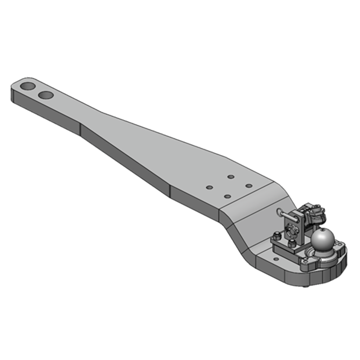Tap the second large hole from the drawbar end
pos(45,95)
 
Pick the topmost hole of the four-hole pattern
pos(230,177)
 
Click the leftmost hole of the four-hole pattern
pos(209,187)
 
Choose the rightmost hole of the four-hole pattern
pos(248,185)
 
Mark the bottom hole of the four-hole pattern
pos(227,196)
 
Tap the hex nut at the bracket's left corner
pos(275,236)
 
